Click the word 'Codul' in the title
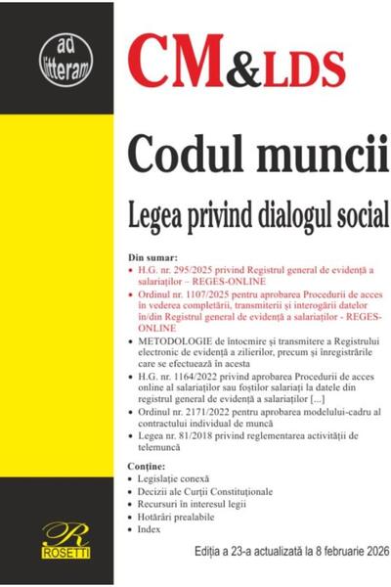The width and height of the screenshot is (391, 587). [183, 155]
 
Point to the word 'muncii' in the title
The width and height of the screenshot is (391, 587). [300, 155]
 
